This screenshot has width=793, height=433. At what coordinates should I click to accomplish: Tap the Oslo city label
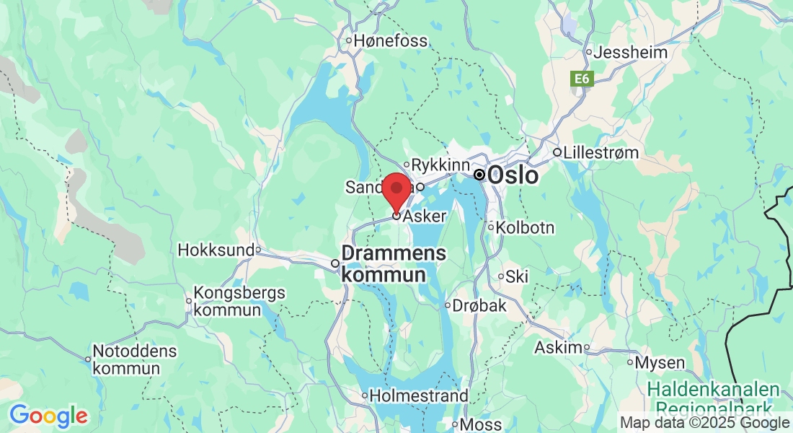(x=513, y=175)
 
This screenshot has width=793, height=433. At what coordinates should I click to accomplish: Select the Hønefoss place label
(x=390, y=41)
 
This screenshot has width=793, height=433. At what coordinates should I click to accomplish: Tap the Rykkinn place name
(x=440, y=165)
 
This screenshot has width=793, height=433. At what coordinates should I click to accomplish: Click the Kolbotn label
(x=525, y=227)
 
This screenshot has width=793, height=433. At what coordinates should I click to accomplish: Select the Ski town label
(x=517, y=276)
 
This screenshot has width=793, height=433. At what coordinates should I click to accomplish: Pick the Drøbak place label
(x=479, y=306)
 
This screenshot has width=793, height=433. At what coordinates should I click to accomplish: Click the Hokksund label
(x=216, y=250)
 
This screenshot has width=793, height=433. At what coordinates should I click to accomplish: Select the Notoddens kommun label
(x=136, y=359)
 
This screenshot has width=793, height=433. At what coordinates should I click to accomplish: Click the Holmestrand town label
(x=419, y=395)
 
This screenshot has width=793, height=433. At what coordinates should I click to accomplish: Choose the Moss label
(x=481, y=424)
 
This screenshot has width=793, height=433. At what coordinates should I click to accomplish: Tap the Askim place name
(x=557, y=347)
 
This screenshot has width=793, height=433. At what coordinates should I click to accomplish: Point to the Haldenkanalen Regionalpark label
(x=713, y=398)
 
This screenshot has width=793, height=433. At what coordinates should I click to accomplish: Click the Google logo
(x=48, y=416)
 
